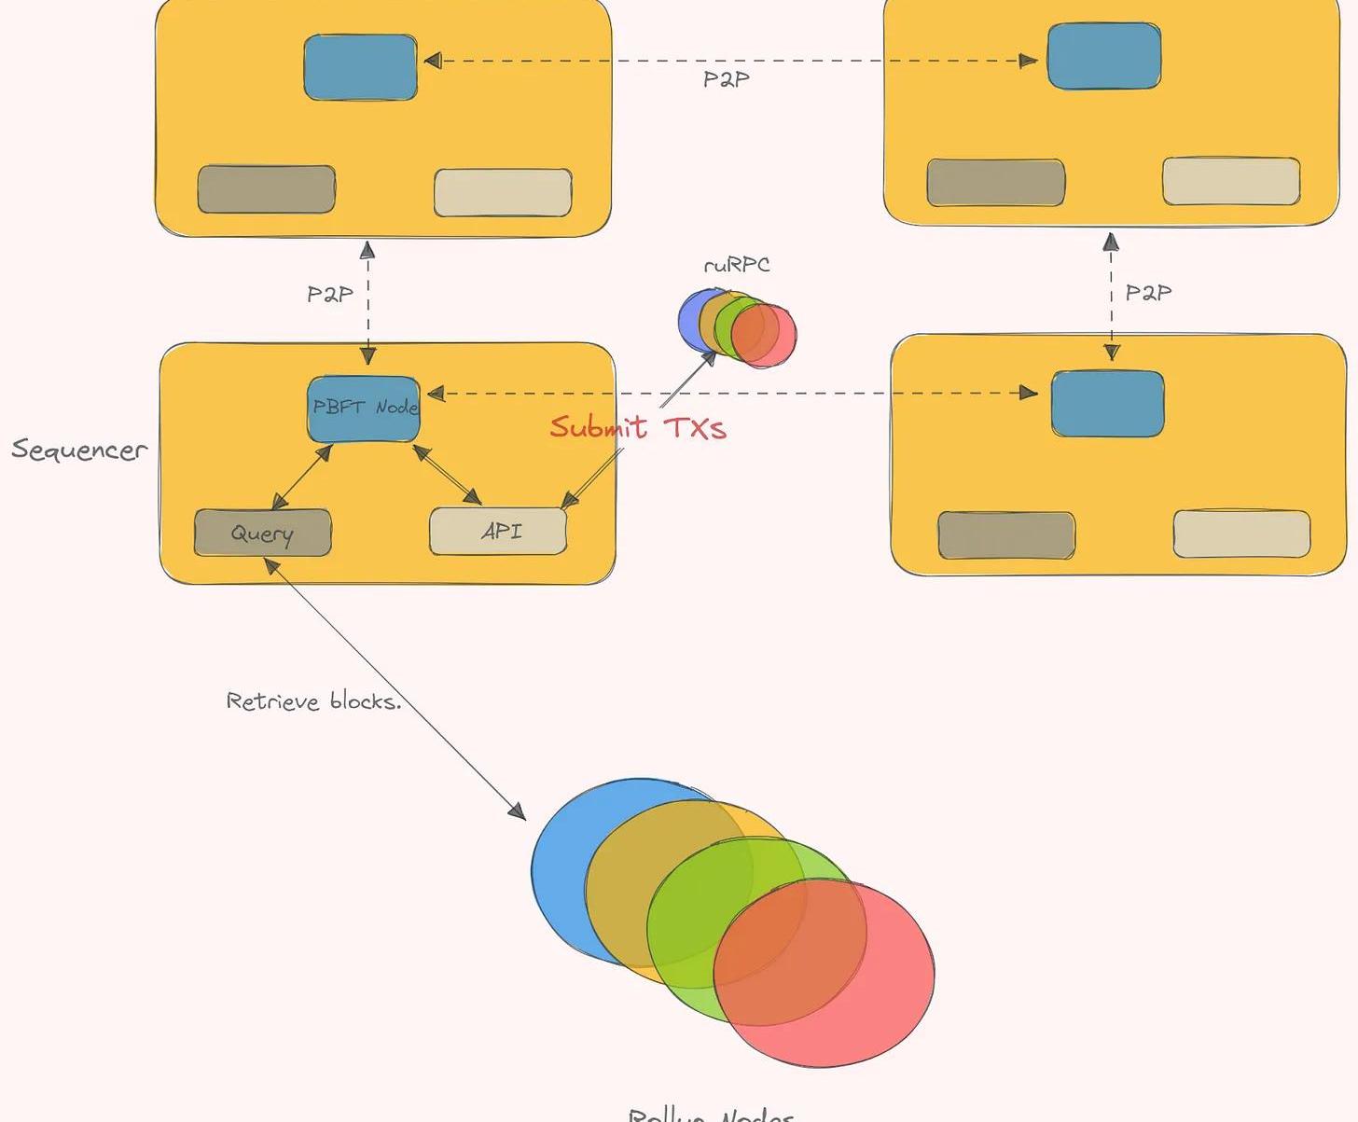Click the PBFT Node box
[364, 409]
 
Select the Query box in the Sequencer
[262, 533]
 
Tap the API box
[498, 532]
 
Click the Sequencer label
[79, 450]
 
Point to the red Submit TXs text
[637, 428]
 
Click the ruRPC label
[737, 265]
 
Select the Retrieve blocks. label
[313, 700]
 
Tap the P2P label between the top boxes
[726, 79]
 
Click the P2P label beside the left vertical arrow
[330, 295]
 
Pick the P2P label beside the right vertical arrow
[1148, 293]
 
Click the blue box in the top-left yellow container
[360, 67]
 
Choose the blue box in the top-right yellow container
[1104, 57]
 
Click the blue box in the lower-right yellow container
[1107, 404]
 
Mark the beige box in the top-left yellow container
[503, 193]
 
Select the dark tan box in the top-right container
[995, 183]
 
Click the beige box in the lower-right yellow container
[1241, 533]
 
